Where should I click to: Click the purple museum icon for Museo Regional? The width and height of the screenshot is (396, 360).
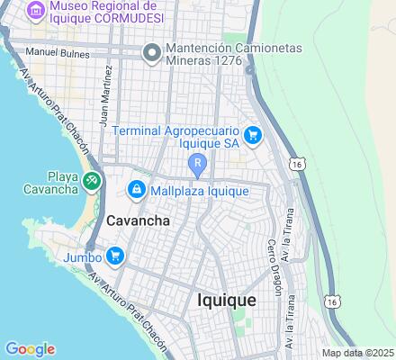pyautogui.click(x=36, y=11)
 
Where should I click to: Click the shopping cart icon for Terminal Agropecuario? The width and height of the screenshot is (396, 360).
pyautogui.click(x=255, y=136)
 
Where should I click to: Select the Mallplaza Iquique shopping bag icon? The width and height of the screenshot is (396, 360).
pyautogui.click(x=136, y=189)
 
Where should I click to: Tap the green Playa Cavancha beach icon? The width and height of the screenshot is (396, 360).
pyautogui.click(x=92, y=181)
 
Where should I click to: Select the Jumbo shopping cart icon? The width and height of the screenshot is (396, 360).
pyautogui.click(x=114, y=256)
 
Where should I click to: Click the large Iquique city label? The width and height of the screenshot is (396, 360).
pyautogui.click(x=226, y=300)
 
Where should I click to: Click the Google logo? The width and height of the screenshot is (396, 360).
pyautogui.click(x=30, y=349)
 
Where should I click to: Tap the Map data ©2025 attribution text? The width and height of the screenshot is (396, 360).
pyautogui.click(x=358, y=352)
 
